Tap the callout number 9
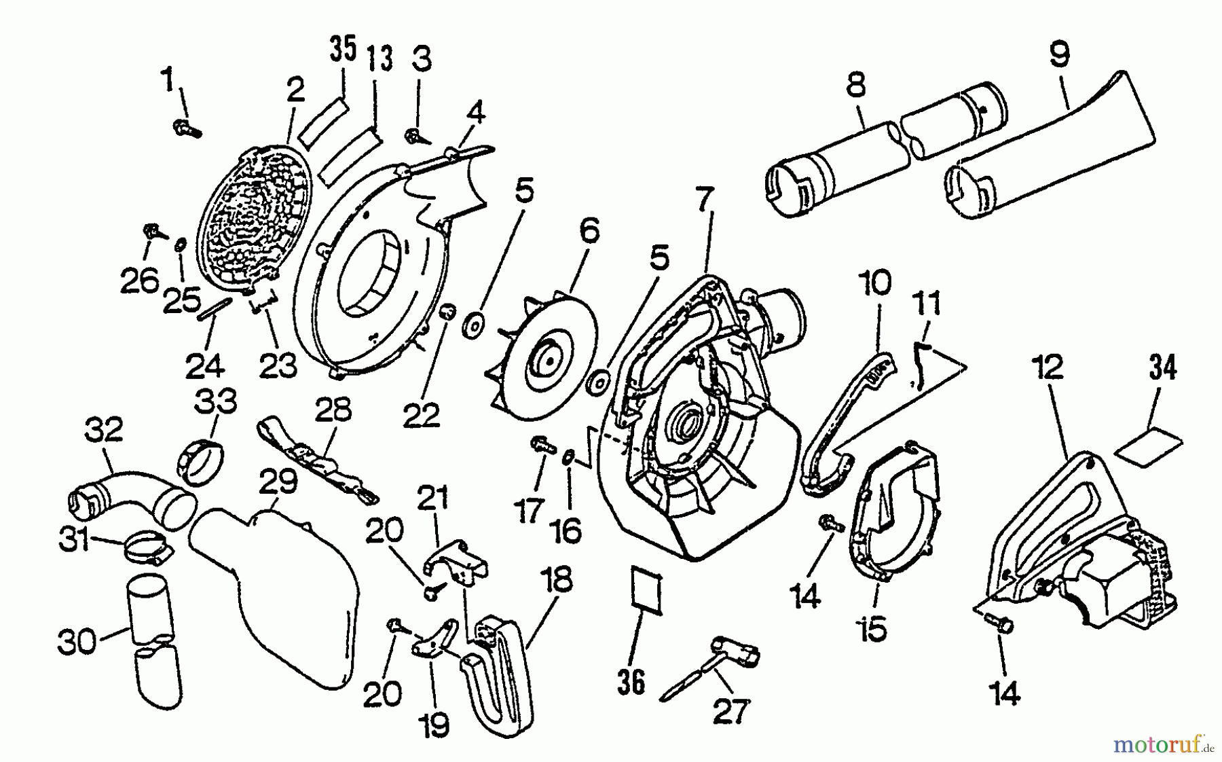coord(1058,54)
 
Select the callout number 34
coord(1162,368)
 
